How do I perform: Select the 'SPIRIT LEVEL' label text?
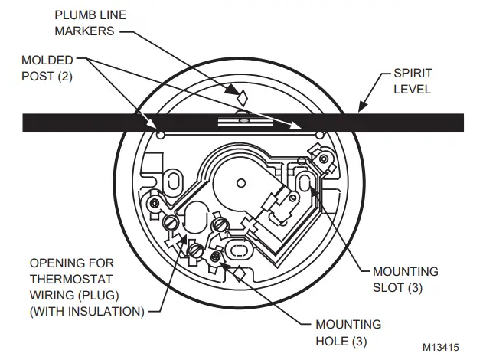pos(413,80)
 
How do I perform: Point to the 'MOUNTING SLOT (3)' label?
pos(405,279)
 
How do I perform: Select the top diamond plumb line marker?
pos(242,97)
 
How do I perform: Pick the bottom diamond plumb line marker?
pos(238,272)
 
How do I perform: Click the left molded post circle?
pos(160,136)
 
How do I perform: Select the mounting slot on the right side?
pos(305,184)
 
